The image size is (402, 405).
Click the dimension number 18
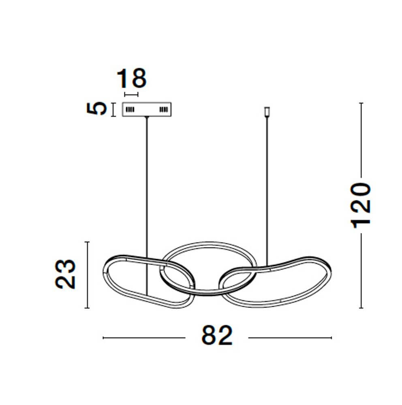[132, 78]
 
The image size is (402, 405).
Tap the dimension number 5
[96, 109]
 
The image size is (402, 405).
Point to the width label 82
[217, 335]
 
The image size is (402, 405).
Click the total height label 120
[360, 206]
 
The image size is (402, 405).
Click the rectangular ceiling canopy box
[147, 109]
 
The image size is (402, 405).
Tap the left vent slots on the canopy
[130, 109]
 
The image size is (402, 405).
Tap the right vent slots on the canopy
[163, 109]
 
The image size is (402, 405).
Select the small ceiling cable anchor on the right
[267, 112]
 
